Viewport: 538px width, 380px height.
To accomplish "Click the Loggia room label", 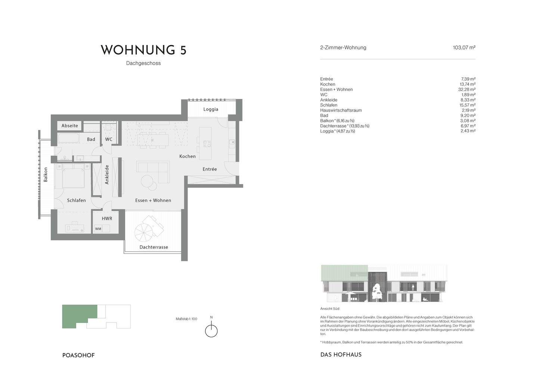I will click(211, 109).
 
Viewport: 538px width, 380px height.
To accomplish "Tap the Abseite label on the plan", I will click(70, 126).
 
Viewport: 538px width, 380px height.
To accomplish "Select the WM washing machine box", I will click(98, 229).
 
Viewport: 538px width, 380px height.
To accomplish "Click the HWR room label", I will click(107, 219).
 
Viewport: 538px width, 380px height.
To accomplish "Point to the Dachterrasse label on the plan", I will click(154, 247).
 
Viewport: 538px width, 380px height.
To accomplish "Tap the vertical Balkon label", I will click(46, 174).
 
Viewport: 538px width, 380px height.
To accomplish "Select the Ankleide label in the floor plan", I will click(107, 175).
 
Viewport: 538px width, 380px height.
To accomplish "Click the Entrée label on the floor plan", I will click(210, 169).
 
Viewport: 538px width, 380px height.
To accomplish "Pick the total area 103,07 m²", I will click(464, 48).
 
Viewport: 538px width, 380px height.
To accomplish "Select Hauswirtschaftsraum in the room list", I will click(341, 110).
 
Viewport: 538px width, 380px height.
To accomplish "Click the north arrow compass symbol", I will click(211, 330).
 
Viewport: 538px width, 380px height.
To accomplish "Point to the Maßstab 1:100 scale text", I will click(186, 319).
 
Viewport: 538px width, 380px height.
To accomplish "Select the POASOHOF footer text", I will click(78, 355).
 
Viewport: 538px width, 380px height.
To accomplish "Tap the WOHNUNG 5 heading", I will click(143, 50).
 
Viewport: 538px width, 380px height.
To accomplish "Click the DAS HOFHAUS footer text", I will click(341, 355).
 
